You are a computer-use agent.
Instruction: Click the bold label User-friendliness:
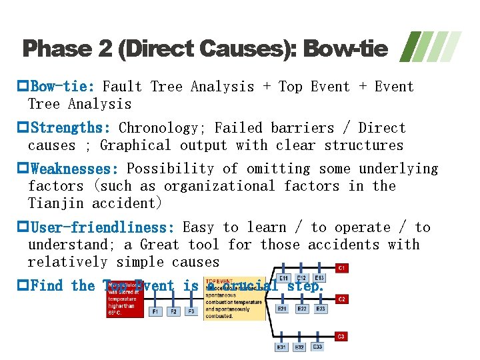click(103, 228)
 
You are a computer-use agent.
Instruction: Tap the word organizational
click(219, 187)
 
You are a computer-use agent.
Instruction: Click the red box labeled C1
click(341, 268)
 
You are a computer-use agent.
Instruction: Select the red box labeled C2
click(341, 299)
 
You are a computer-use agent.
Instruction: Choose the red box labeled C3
click(341, 337)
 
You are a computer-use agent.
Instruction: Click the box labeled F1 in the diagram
click(155, 311)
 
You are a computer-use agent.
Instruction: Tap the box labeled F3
click(191, 311)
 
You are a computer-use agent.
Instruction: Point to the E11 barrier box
click(283, 277)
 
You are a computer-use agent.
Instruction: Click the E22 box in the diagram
click(302, 309)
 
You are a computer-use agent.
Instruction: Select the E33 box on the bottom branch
click(317, 347)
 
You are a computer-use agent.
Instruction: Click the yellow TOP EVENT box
click(233, 298)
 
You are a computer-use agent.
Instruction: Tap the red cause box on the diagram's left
click(125, 298)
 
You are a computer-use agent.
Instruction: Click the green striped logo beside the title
click(433, 47)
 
